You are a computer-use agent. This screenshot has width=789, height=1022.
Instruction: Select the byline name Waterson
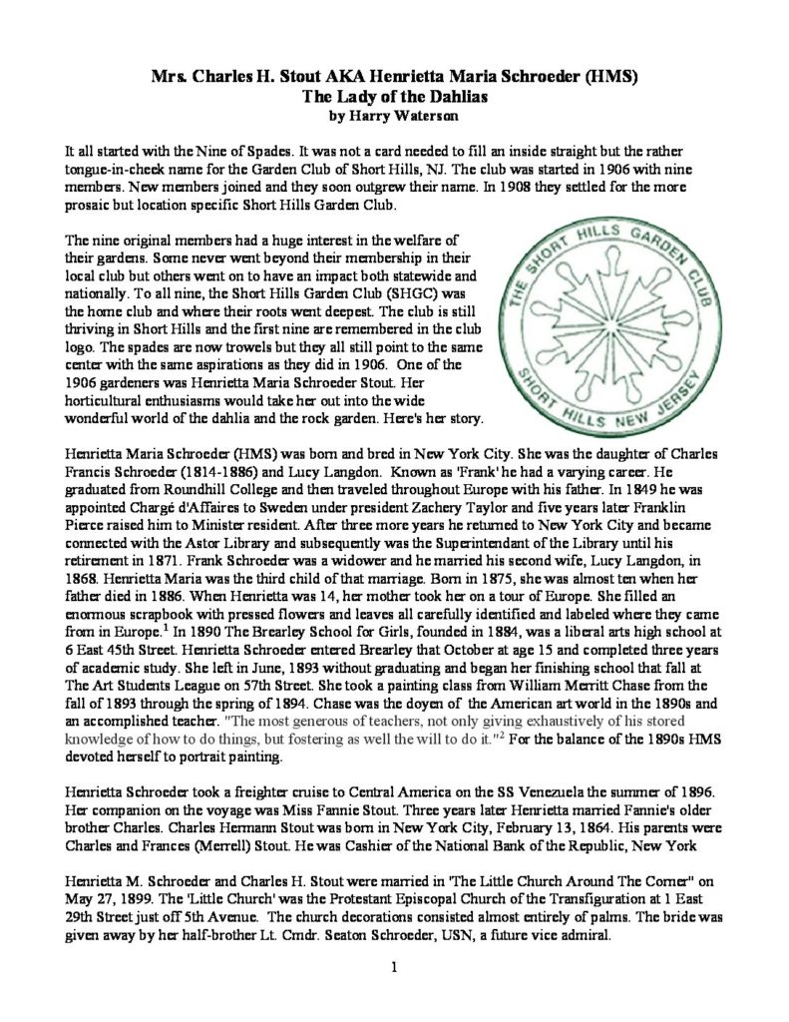pos(423,114)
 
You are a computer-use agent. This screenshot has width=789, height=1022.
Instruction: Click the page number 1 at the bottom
pos(395,967)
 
